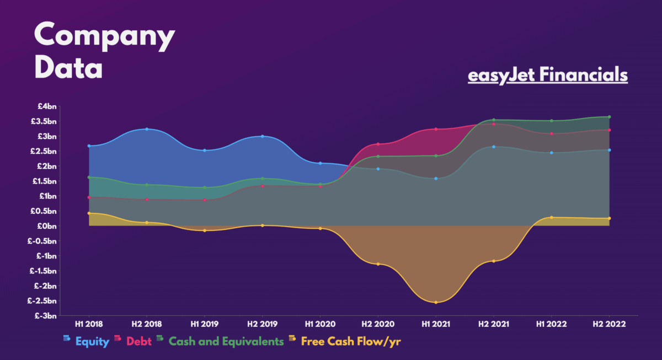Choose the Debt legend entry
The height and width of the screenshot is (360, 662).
click(138, 341)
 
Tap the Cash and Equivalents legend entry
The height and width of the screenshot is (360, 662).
click(226, 341)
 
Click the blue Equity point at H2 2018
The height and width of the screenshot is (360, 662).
click(147, 129)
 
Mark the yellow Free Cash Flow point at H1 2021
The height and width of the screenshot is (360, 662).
click(436, 302)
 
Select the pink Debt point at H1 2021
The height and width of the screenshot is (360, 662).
click(436, 129)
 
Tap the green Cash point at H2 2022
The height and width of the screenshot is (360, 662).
click(610, 117)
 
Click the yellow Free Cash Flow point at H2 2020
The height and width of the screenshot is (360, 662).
click(378, 264)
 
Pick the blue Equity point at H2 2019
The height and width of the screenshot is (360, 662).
click(263, 136)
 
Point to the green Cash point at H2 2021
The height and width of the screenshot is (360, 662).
click(494, 120)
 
